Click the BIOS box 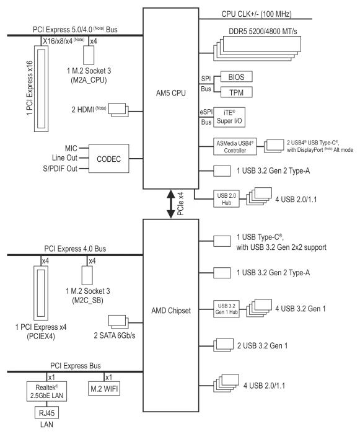(236, 77)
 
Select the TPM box (236, 92)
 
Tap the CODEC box (109, 159)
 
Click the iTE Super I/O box (229, 117)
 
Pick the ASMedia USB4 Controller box (235, 147)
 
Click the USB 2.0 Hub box (226, 199)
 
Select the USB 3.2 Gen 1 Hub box (226, 309)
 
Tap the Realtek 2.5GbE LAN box (46, 391)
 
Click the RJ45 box (46, 413)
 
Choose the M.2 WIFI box (104, 389)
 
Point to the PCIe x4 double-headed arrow (171, 204)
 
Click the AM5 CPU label (171, 93)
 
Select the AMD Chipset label (171, 311)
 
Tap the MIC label (71, 148)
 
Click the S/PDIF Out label (60, 169)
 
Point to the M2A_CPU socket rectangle (89, 55)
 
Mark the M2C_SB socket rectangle (87, 275)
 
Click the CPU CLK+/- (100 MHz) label (257, 14)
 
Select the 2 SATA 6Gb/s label (115, 335)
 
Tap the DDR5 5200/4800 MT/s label (263, 31)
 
